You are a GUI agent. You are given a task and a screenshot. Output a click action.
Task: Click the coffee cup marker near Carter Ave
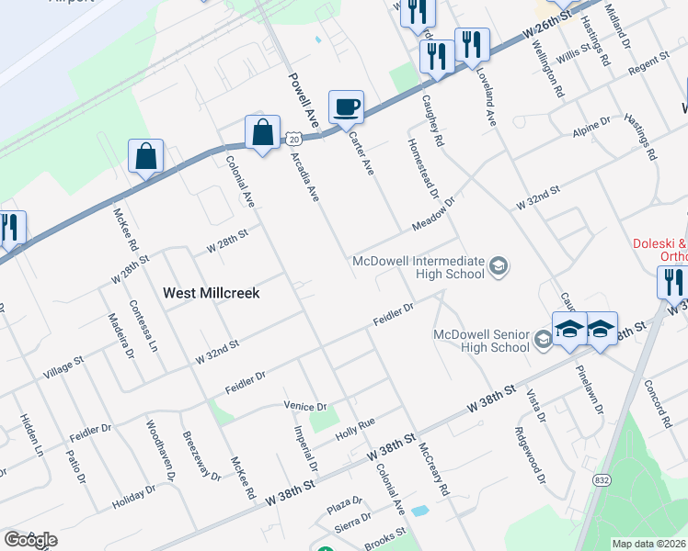(346, 107)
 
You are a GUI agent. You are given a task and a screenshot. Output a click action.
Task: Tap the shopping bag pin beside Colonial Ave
(262, 132)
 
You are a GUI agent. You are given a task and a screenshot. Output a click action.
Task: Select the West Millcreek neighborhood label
(212, 293)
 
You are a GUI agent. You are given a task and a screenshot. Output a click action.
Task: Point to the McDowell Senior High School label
(481, 341)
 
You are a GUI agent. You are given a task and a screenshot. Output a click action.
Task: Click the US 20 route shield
(292, 138)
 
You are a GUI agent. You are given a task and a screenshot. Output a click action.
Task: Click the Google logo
(29, 540)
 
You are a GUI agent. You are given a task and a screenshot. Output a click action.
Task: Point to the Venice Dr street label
(307, 406)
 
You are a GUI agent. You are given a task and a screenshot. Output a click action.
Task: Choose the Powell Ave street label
(303, 98)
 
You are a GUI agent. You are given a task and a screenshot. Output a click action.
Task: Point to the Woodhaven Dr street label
(159, 451)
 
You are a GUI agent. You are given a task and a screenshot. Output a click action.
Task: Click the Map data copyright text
(648, 544)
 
